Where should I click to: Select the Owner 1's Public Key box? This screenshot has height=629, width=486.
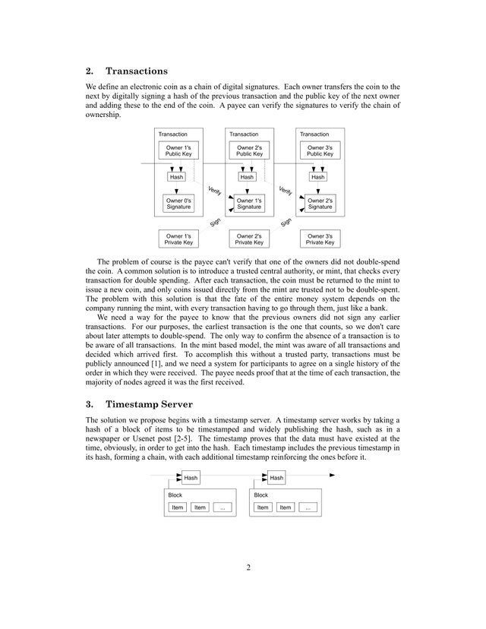tap(178, 150)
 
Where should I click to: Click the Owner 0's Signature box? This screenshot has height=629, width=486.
tap(178, 204)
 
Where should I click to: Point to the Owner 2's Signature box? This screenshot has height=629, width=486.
tap(320, 204)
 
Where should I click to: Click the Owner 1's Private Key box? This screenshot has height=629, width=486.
tap(178, 239)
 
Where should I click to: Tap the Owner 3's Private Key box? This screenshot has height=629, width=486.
tap(320, 239)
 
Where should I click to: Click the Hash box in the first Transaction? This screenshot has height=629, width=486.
tap(177, 177)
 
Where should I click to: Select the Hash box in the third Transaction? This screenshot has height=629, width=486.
tap(317, 177)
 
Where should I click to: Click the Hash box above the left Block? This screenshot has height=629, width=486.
tap(191, 478)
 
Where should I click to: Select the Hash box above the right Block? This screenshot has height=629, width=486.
tap(276, 478)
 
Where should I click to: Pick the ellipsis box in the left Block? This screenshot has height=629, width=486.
tap(222, 507)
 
